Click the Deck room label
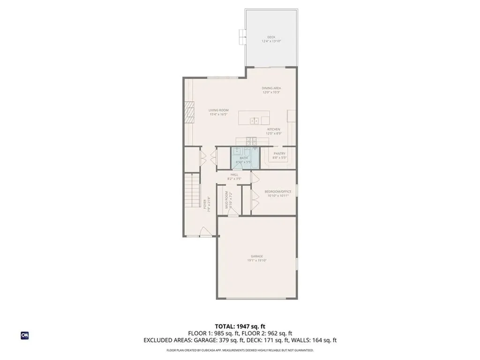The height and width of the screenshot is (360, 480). tap(271, 37)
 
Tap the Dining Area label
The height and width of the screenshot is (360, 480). tap(271, 88)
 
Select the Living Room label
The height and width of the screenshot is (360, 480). tap(218, 110)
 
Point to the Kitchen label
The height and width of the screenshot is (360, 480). tap(274, 129)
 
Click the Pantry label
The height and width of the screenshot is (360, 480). tap(280, 153)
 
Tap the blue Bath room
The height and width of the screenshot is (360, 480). tap(243, 158)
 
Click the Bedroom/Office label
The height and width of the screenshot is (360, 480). tap(278, 191)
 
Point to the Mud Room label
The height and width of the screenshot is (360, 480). tap(226, 200)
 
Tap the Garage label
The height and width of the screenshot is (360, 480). tap(256, 256)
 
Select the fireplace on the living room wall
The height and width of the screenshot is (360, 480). tap(188, 112)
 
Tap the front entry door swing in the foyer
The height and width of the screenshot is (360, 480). tap(205, 231)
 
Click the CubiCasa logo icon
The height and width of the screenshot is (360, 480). tap(25, 335)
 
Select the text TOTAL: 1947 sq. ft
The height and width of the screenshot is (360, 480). tap(240, 326)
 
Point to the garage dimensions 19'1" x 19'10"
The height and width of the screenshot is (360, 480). tap(256, 261)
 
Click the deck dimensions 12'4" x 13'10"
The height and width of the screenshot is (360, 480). tap(271, 41)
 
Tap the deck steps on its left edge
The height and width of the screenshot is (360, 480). tap(242, 37)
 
